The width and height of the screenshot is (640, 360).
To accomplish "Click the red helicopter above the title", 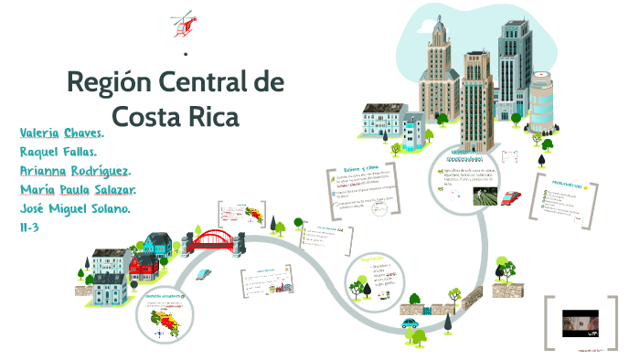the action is [x=183, y=25].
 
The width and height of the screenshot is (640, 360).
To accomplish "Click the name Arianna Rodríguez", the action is [x=76, y=171].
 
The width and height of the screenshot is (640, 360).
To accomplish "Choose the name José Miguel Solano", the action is [x=75, y=209].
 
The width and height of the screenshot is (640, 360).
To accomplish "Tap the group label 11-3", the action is [x=31, y=228].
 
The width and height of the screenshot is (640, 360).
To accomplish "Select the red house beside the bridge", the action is [x=144, y=268].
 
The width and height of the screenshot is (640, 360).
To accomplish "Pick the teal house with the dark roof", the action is [x=156, y=243].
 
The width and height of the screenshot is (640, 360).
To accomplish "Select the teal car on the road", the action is [x=410, y=322].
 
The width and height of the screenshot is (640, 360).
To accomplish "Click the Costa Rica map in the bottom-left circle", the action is [x=164, y=321].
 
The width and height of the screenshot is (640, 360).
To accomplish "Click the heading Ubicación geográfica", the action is [x=163, y=297].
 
